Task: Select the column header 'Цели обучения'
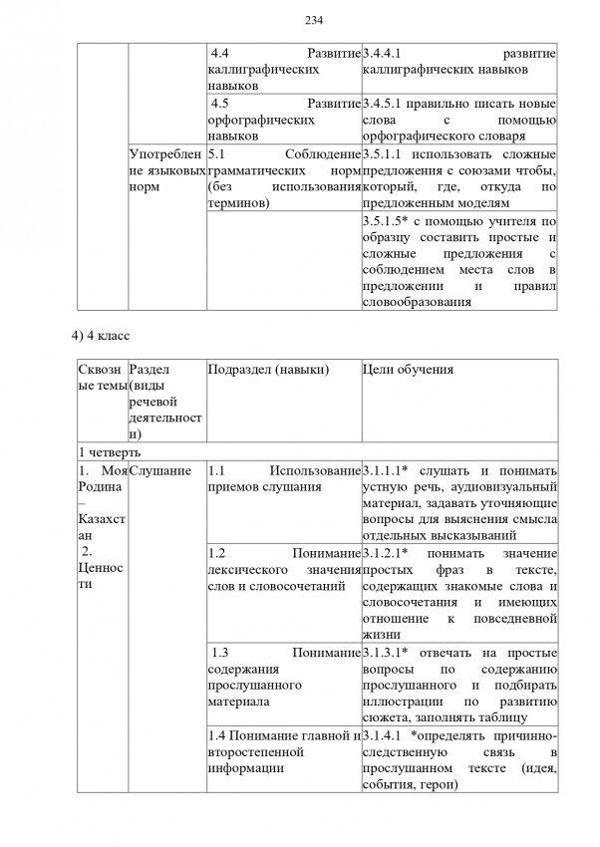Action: coord(409,370)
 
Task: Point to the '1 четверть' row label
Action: coord(104,451)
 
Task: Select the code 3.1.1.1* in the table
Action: coord(387,470)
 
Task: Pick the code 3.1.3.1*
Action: coord(387,653)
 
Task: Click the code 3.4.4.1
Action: coord(384,53)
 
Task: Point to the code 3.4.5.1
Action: coord(384,103)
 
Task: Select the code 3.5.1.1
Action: coord(384,153)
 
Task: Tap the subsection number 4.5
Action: coord(225,103)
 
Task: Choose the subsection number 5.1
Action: coord(218,153)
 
